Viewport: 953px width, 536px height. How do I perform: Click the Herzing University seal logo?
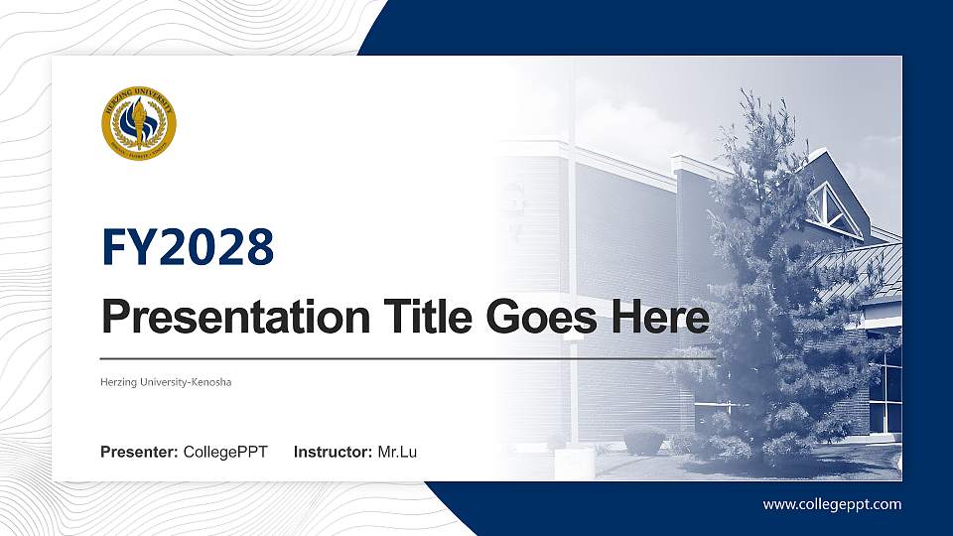click(x=139, y=123)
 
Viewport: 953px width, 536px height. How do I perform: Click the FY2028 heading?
click(x=188, y=247)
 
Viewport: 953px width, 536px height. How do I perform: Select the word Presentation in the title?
click(x=227, y=319)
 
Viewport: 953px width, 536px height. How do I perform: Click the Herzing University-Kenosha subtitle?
click(x=166, y=382)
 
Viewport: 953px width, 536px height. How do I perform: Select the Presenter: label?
click(x=139, y=453)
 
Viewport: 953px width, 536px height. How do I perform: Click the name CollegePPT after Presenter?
click(x=225, y=453)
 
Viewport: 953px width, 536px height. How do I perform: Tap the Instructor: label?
click(x=334, y=453)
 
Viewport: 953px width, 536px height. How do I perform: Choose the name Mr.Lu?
click(x=397, y=453)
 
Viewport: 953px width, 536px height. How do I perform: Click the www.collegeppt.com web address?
click(x=832, y=504)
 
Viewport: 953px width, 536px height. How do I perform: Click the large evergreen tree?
click(x=769, y=298)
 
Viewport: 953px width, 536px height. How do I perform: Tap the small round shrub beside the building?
click(x=645, y=441)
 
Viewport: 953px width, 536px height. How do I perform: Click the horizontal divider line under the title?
click(x=407, y=357)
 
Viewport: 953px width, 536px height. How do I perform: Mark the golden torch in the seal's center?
click(x=139, y=121)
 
